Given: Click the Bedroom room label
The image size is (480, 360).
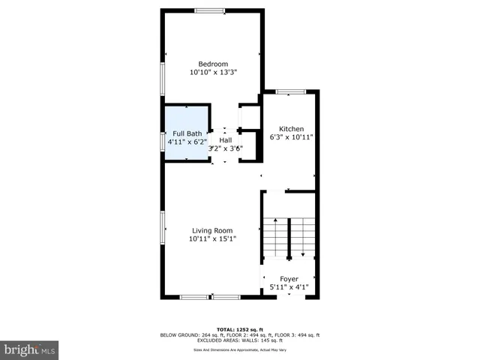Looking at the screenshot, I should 212,64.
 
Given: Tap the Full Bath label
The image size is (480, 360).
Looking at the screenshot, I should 184,133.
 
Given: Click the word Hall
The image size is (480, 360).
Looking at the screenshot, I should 226,139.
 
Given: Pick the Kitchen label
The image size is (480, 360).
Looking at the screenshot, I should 290,128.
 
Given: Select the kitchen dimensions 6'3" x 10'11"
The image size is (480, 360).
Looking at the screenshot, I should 290,137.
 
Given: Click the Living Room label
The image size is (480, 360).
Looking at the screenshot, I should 212,230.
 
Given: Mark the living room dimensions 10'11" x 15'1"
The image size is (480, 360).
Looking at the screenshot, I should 212,239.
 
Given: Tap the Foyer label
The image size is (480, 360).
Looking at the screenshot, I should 289,278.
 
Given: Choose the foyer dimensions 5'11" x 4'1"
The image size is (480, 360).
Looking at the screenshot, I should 289,287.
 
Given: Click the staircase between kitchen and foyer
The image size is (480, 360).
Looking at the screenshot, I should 289,238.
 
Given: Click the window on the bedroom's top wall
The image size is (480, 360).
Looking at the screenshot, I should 209,10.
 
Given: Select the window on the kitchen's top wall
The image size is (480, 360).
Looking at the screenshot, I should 290,91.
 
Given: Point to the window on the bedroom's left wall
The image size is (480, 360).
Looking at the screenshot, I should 163,78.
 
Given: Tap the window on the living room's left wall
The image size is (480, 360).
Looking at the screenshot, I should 163,227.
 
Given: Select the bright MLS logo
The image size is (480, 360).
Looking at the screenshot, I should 29,349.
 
